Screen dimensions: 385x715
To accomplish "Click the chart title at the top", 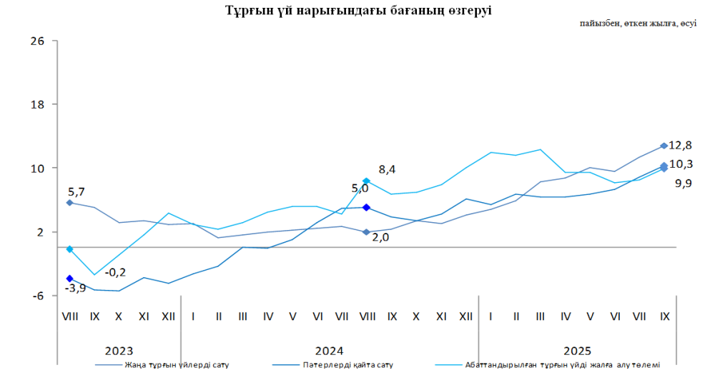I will [358, 11].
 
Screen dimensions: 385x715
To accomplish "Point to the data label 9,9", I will [683, 184].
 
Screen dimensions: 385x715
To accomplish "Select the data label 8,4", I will [387, 169].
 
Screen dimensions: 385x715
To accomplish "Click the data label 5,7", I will [77, 191].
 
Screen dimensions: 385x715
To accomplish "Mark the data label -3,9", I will [76, 288].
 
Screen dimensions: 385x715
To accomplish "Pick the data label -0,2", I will [115, 272].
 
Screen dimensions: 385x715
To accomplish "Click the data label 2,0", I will [380, 237].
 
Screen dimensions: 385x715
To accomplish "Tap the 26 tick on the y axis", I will [38, 41].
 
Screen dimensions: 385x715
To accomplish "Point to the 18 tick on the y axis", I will [38, 104].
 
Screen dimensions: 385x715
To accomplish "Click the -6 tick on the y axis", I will [38, 296].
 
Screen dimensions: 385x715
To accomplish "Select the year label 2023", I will [119, 351].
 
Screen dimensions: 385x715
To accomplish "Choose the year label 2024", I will [329, 351].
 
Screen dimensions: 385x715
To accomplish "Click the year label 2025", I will [577, 351].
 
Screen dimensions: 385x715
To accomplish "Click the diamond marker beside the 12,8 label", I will [664, 146].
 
